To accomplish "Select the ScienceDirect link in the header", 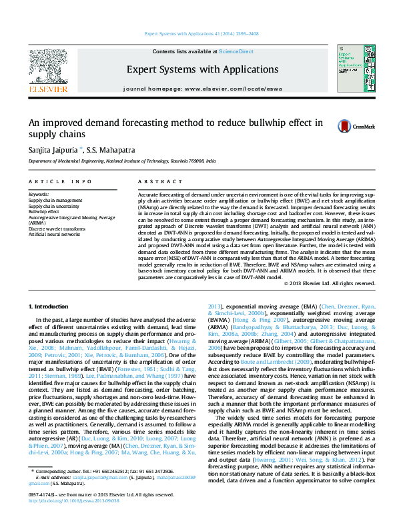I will [x=236, y=51].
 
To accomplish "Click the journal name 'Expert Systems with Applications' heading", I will [x=202, y=69].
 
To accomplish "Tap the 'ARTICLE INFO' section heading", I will [x=61, y=181].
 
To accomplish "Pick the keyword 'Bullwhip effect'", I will [x=44, y=211].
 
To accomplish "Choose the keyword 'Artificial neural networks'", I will [x=55, y=235].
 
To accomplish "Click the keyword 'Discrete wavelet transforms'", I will [x=57, y=229].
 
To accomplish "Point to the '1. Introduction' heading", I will [x=51, y=305].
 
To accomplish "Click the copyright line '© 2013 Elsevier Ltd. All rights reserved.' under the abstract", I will [x=329, y=282].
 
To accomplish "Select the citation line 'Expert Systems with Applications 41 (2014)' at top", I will [x=202, y=33].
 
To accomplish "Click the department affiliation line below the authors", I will [x=122, y=161].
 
